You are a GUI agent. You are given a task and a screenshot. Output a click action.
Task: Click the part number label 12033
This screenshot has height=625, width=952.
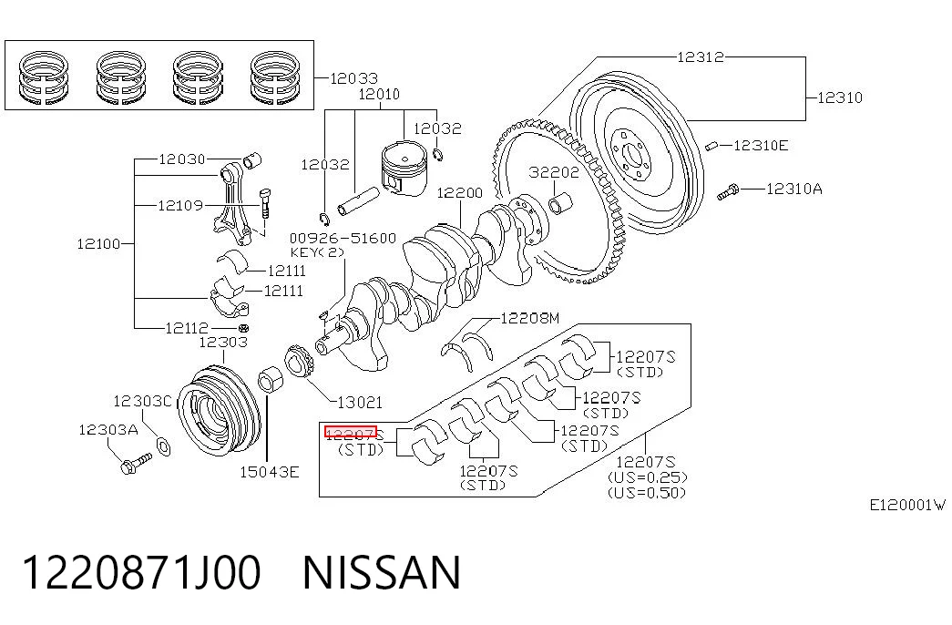click(353, 78)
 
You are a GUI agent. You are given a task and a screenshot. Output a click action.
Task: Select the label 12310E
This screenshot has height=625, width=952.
click(761, 146)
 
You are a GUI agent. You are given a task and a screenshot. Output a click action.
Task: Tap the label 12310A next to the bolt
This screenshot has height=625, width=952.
click(794, 189)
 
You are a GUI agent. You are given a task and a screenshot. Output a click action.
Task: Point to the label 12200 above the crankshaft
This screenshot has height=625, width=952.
click(460, 193)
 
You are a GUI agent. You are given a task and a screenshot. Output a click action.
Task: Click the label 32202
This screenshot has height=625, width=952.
click(554, 172)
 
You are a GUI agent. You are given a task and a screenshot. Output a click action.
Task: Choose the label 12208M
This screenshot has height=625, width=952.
click(530, 318)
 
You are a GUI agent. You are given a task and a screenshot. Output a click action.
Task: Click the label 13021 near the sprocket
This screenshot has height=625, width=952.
click(360, 402)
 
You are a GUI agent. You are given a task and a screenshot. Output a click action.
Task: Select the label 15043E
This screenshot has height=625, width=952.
click(269, 472)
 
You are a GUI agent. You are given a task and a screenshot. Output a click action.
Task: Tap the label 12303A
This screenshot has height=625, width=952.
click(108, 430)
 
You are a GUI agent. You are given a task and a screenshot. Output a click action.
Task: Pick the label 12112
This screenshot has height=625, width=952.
click(187, 328)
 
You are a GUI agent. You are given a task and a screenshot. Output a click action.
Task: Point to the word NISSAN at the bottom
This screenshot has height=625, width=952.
click(382, 573)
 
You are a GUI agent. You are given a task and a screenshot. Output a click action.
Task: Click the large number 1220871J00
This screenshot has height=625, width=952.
click(141, 573)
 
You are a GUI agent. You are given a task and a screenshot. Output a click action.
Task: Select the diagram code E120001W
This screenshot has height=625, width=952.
click(907, 505)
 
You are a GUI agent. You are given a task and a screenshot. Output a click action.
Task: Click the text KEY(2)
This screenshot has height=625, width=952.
click(317, 252)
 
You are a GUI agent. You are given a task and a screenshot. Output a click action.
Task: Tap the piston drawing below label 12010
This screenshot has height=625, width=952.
click(404, 169)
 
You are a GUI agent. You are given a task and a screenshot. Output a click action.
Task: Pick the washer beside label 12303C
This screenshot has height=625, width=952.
click(163, 446)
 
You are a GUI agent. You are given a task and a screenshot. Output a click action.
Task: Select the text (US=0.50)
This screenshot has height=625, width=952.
click(647, 493)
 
